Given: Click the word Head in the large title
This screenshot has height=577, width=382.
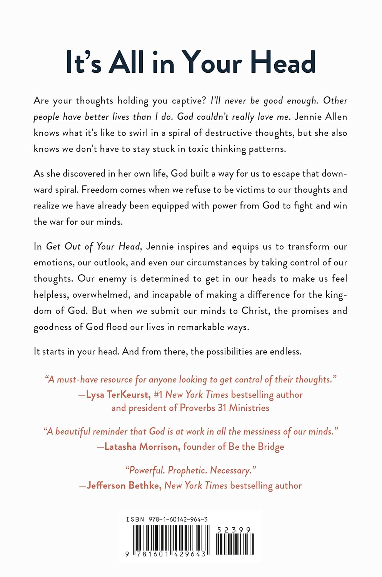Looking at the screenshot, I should pyautogui.click(x=283, y=63).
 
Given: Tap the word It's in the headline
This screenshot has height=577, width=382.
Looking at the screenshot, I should pyautogui.click(x=83, y=63).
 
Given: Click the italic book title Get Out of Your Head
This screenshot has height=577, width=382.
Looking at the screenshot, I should pyautogui.click(x=94, y=246).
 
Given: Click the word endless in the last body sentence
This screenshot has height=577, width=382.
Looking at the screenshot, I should pyautogui.click(x=285, y=352).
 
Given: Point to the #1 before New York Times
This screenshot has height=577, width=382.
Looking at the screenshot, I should pyautogui.click(x=158, y=395).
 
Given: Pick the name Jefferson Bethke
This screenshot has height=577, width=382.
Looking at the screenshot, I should pyautogui.click(x=123, y=485).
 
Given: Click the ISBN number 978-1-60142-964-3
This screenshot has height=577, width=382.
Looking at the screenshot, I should pyautogui.click(x=178, y=519).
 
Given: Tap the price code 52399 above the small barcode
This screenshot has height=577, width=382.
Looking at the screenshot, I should pyautogui.click(x=234, y=530).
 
